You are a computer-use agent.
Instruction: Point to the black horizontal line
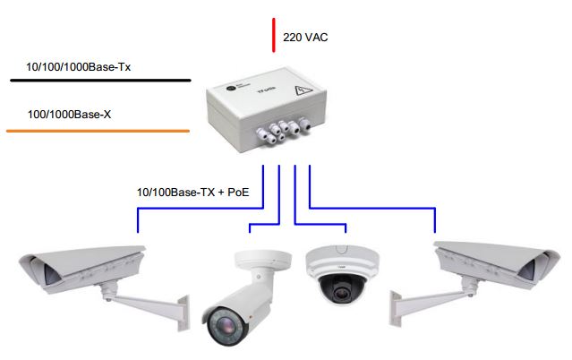click(99, 81)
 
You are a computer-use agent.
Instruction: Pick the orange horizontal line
click(98, 131)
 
